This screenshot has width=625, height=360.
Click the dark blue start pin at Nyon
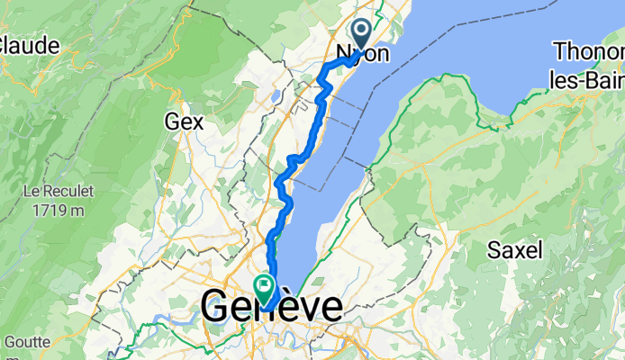[362, 34]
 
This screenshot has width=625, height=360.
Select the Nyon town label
[363, 55]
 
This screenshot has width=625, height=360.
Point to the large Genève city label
[272, 307]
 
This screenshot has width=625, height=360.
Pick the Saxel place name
[515, 250]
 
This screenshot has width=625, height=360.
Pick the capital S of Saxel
[494, 250]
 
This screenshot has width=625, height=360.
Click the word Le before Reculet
[32, 192]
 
